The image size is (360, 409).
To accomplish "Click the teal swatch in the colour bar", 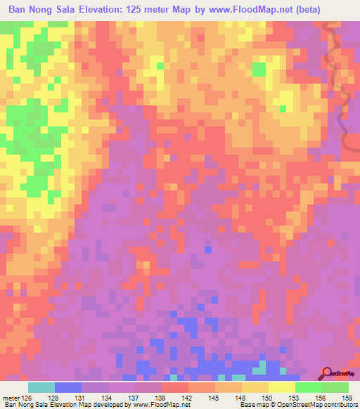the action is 41,387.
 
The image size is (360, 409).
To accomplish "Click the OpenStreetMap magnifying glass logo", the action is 326,373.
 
